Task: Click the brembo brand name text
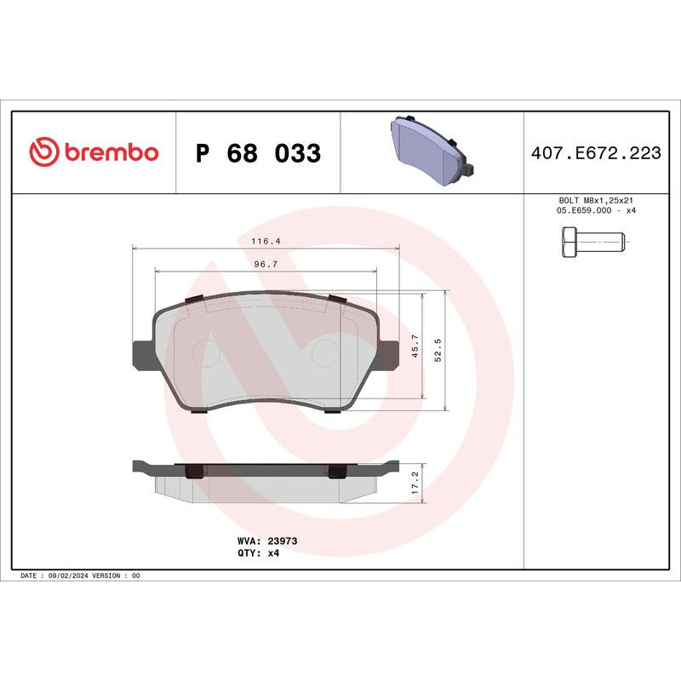pyautogui.click(x=110, y=152)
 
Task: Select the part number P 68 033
pyautogui.click(x=258, y=153)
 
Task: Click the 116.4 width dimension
pyautogui.click(x=265, y=241)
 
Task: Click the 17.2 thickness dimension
pyautogui.click(x=415, y=481)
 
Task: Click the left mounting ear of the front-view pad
pyautogui.click(x=141, y=355)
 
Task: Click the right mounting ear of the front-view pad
pyautogui.click(x=388, y=355)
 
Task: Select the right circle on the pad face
pyautogui.click(x=325, y=351)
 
